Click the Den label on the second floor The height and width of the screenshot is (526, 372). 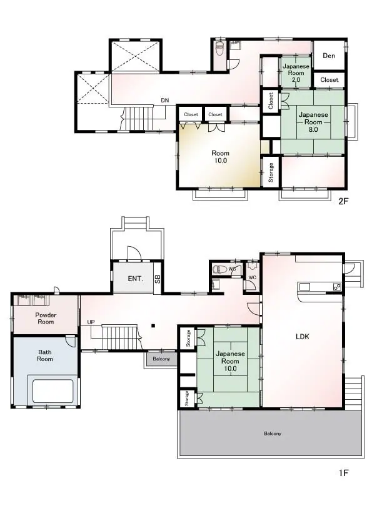pyautogui.click(x=329, y=56)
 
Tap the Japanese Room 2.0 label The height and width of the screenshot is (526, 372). pyautogui.click(x=296, y=73)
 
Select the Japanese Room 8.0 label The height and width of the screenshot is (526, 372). pyautogui.click(x=313, y=122)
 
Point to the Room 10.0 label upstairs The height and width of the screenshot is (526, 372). pyautogui.click(x=220, y=157)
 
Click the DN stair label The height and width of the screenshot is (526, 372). pyautogui.click(x=165, y=101)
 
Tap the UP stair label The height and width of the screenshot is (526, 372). pyautogui.click(x=91, y=322)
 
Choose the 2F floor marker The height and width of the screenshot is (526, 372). pyautogui.click(x=343, y=201)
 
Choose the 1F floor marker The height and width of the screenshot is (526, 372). pyautogui.click(x=343, y=473)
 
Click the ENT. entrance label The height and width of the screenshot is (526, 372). pyautogui.click(x=135, y=279)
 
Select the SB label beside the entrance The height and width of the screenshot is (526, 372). pyautogui.click(x=158, y=279)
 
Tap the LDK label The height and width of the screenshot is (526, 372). pyautogui.click(x=302, y=337)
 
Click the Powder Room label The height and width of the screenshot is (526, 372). pyautogui.click(x=46, y=319)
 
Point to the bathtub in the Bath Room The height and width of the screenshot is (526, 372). pyautogui.click(x=53, y=391)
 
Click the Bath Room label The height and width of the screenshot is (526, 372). pyautogui.click(x=44, y=355)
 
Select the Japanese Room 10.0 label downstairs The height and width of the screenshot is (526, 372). pyautogui.click(x=230, y=361)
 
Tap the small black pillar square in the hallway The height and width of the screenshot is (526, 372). pyautogui.click(x=153, y=325)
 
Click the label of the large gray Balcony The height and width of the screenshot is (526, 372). pyautogui.click(x=273, y=434)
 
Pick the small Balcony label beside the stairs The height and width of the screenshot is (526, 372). pyautogui.click(x=161, y=359)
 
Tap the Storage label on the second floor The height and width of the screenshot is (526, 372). pyautogui.click(x=271, y=172)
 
